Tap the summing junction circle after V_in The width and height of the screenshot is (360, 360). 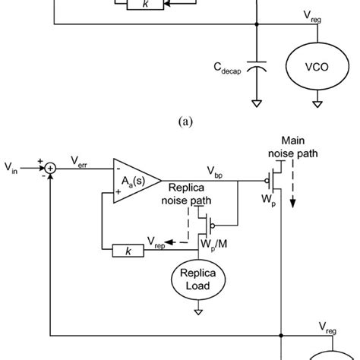point(49,166)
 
